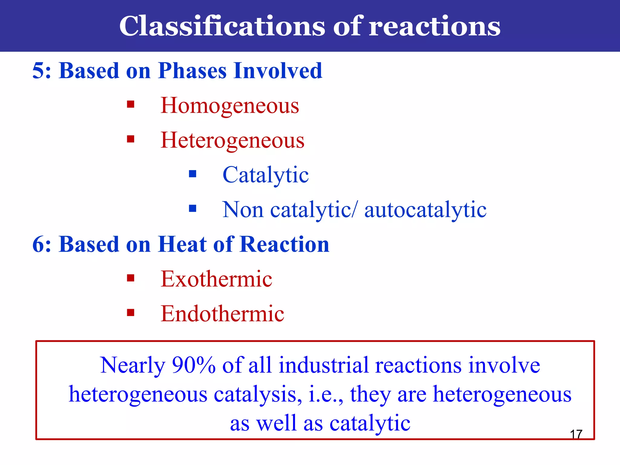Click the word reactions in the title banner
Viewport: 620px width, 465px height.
click(435, 27)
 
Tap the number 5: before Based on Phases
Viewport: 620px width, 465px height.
click(42, 71)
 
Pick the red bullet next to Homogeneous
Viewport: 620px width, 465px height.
click(130, 104)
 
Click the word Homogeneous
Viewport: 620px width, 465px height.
click(230, 106)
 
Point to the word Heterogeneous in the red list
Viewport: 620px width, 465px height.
click(232, 141)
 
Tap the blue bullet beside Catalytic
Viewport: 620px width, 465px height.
click(193, 174)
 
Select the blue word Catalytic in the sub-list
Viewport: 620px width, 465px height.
click(265, 176)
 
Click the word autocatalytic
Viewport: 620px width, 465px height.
click(425, 210)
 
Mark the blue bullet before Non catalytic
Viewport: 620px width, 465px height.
click(193, 209)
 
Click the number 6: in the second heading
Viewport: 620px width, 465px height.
click(42, 245)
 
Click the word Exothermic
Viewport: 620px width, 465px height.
click(216, 279)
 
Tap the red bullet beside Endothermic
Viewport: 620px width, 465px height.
click(130, 312)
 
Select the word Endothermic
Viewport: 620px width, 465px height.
click(222, 314)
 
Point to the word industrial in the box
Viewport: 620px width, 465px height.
click(323, 365)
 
